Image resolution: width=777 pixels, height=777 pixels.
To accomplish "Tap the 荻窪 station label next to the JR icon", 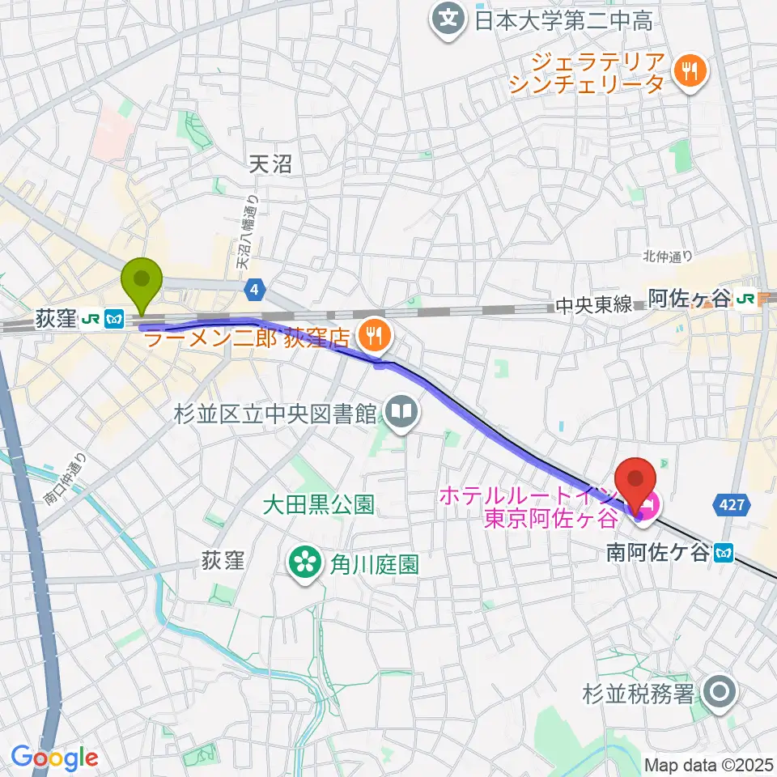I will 55,320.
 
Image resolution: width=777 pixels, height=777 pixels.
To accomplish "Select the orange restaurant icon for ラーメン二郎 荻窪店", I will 373,333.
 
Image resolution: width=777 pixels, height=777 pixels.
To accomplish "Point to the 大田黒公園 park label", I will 318,506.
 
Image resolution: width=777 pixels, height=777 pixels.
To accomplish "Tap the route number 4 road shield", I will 255,288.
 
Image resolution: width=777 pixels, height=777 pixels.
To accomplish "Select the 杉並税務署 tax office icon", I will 717,693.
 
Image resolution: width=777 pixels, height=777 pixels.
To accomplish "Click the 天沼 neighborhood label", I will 270,165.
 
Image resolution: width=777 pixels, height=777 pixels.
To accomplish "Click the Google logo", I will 54,757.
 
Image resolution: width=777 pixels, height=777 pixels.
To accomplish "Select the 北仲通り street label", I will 668,257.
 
